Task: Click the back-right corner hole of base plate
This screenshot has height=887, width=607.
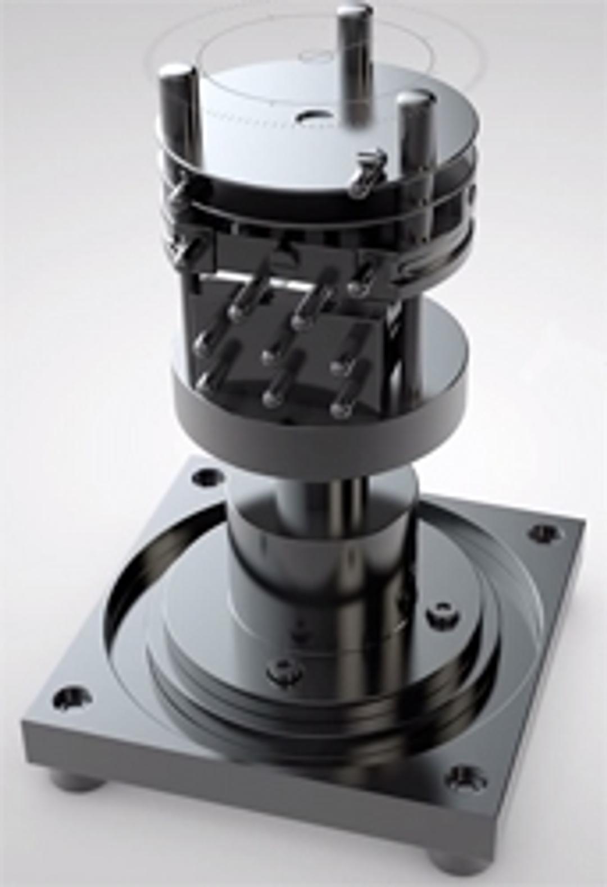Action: click(x=543, y=531)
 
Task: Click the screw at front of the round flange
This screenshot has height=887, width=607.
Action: click(x=279, y=671)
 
